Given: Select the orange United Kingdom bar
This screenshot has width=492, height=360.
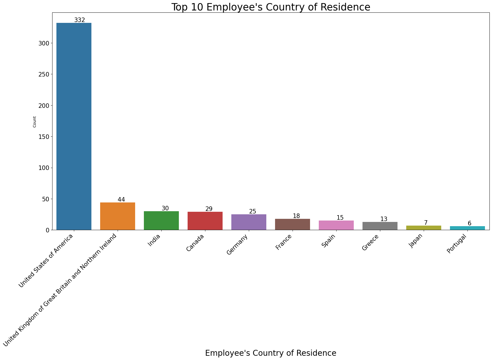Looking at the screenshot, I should tap(118, 216).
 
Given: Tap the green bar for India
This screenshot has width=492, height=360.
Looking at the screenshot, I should tap(161, 221).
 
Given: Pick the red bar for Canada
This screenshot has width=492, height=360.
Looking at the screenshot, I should tap(205, 221).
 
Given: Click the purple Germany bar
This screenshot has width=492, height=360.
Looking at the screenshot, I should tap(249, 222).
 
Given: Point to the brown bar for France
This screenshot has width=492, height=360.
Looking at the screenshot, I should tap(293, 224).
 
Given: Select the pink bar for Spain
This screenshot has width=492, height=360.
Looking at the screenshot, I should tap(336, 225).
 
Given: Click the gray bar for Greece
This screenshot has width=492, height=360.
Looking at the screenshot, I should tap(380, 226).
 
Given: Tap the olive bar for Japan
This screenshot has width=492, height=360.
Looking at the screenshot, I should tap(424, 228).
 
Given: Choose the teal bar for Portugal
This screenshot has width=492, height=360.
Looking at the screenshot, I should tap(467, 228).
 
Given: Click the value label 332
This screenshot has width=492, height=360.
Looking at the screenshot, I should tap(80, 20).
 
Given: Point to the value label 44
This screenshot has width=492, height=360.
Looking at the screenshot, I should tap(121, 200).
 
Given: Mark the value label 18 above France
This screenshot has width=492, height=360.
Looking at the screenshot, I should tap(296, 216).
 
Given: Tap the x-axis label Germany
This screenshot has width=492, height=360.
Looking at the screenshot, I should tap(238, 245).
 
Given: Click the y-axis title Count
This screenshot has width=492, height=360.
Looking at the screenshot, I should tap(34, 122).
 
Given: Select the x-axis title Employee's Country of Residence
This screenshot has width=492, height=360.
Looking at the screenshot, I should tap(271, 353).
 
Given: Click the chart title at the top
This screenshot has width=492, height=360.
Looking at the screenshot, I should tap(271, 7).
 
